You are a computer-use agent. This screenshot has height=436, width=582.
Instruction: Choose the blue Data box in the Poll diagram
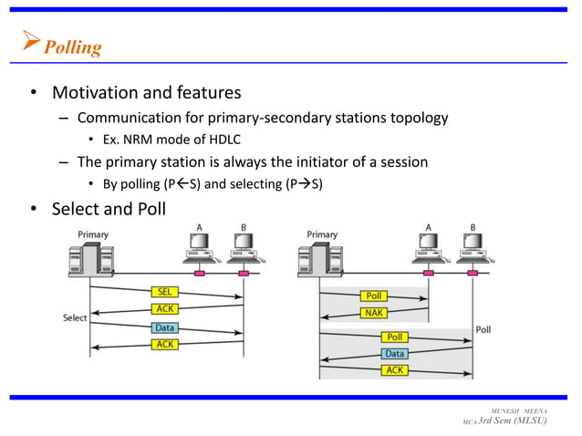(394, 353)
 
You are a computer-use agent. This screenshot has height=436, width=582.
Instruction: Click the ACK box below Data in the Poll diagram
(394, 369)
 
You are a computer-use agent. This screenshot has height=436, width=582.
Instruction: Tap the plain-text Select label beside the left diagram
(75, 317)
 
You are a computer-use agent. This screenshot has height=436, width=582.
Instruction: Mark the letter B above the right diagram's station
(472, 227)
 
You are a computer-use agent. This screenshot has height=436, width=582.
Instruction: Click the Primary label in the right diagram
(321, 234)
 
